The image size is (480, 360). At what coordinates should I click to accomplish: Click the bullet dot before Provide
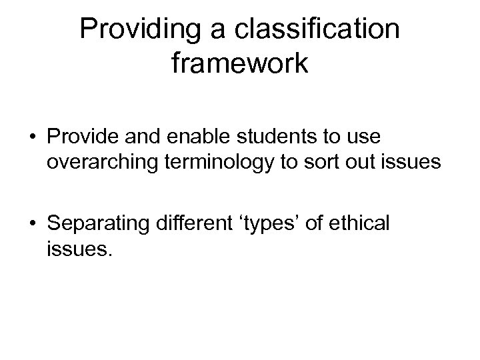click(31, 137)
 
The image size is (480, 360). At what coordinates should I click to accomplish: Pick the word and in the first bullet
click(139, 137)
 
